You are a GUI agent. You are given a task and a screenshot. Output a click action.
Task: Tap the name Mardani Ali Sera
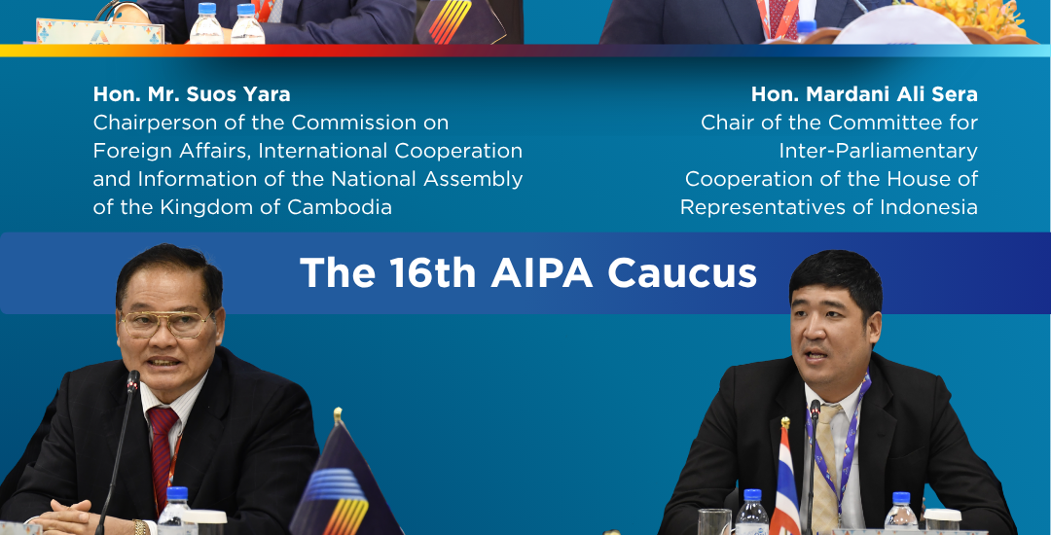pyautogui.click(x=891, y=94)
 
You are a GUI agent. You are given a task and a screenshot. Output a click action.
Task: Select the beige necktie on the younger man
pyautogui.click(x=826, y=462)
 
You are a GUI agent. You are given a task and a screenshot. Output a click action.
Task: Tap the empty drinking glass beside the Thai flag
pyautogui.click(x=714, y=521)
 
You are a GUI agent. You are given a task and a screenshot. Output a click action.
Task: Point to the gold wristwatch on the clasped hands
pyautogui.click(x=141, y=527)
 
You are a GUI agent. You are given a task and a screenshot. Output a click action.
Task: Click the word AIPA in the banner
pyautogui.click(x=542, y=273)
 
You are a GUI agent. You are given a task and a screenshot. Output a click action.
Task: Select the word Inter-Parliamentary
pyautogui.click(x=878, y=152)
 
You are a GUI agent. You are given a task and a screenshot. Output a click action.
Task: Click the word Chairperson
pyautogui.click(x=143, y=124)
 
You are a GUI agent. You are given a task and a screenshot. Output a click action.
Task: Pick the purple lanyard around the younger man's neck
pyautogui.click(x=841, y=442)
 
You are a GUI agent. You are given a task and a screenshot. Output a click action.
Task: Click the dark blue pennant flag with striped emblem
pyautogui.click(x=344, y=477)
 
